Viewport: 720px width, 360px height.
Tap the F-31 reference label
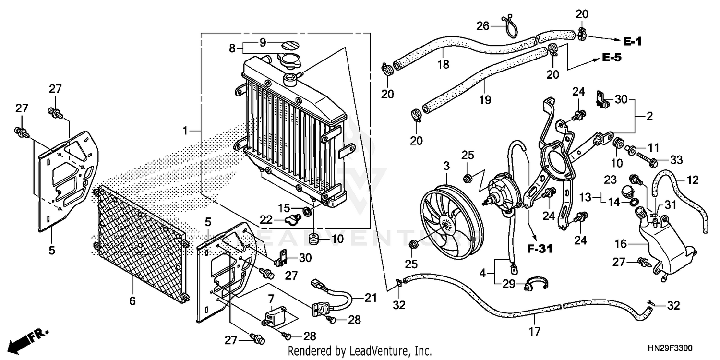pyautogui.click(x=539, y=249)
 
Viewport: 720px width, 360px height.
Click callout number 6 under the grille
pyautogui.click(x=132, y=301)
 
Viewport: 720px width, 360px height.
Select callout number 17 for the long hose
pyautogui.click(x=535, y=331)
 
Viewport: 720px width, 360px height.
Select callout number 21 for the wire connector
pyautogui.click(x=370, y=298)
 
